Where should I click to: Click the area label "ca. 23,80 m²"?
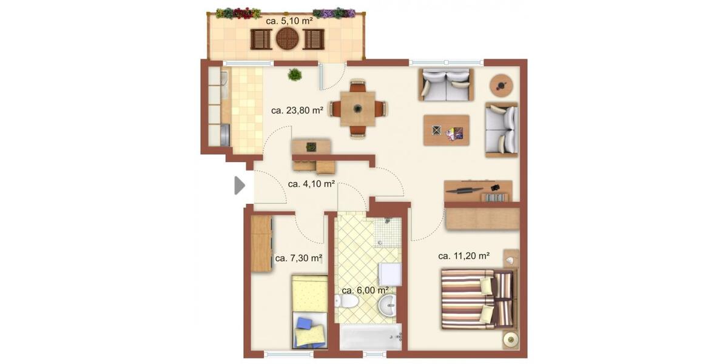(297, 110)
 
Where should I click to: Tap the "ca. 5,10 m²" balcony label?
(289, 21)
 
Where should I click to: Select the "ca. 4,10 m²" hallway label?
(311, 183)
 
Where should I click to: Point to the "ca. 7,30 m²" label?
(298, 258)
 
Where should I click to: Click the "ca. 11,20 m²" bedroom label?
(463, 255)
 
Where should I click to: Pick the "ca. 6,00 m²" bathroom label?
(365, 290)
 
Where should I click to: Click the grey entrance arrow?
(240, 185)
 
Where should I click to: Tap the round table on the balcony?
(288, 39)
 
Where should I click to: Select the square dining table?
(357, 109)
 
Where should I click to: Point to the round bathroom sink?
(386, 306)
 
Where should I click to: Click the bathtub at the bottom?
(370, 337)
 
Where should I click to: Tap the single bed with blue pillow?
(310, 312)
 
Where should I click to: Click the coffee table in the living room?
(447, 130)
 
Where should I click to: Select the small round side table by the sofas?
(500, 85)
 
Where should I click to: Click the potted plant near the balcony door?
(295, 75)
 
